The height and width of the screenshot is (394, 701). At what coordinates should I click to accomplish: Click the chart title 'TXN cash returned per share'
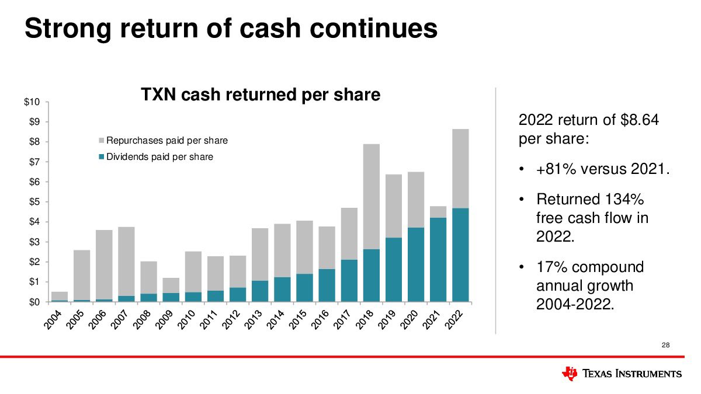[261, 95]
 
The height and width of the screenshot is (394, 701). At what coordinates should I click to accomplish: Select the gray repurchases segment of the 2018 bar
[371, 197]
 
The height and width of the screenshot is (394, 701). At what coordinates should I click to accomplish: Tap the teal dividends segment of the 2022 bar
[460, 254]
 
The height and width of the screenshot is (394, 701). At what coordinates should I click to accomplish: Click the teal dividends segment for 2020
[415, 264]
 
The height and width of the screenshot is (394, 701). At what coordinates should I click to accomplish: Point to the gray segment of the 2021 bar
[438, 212]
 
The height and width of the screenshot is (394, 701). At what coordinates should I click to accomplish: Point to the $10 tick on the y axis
[32, 102]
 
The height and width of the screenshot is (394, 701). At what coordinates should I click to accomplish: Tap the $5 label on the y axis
[34, 202]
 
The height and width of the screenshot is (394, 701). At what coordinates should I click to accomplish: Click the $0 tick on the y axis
[34, 302]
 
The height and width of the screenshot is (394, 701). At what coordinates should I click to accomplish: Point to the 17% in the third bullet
[551, 267]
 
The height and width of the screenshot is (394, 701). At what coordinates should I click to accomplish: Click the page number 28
[665, 346]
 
